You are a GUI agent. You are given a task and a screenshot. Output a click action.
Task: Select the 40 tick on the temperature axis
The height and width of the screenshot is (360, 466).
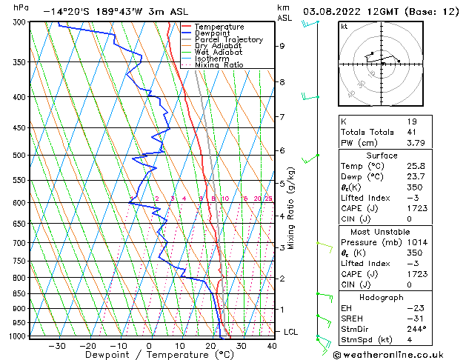(x=272, y=346)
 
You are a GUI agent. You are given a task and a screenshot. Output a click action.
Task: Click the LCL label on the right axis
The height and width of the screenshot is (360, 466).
(x=290, y=332)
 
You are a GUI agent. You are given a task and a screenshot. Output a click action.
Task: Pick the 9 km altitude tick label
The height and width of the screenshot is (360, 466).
(x=282, y=46)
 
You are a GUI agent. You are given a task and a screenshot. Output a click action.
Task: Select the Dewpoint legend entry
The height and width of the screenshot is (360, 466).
(x=214, y=33)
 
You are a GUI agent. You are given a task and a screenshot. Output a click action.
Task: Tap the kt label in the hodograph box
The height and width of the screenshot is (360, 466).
(x=344, y=27)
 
